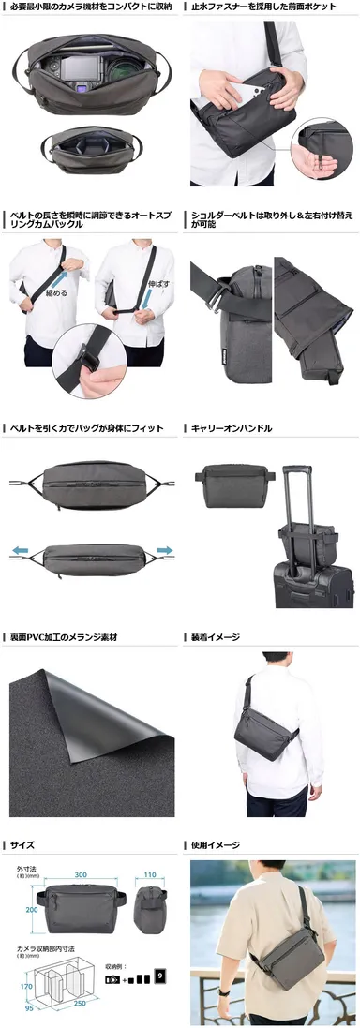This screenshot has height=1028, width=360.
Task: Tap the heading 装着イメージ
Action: click(216, 638)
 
